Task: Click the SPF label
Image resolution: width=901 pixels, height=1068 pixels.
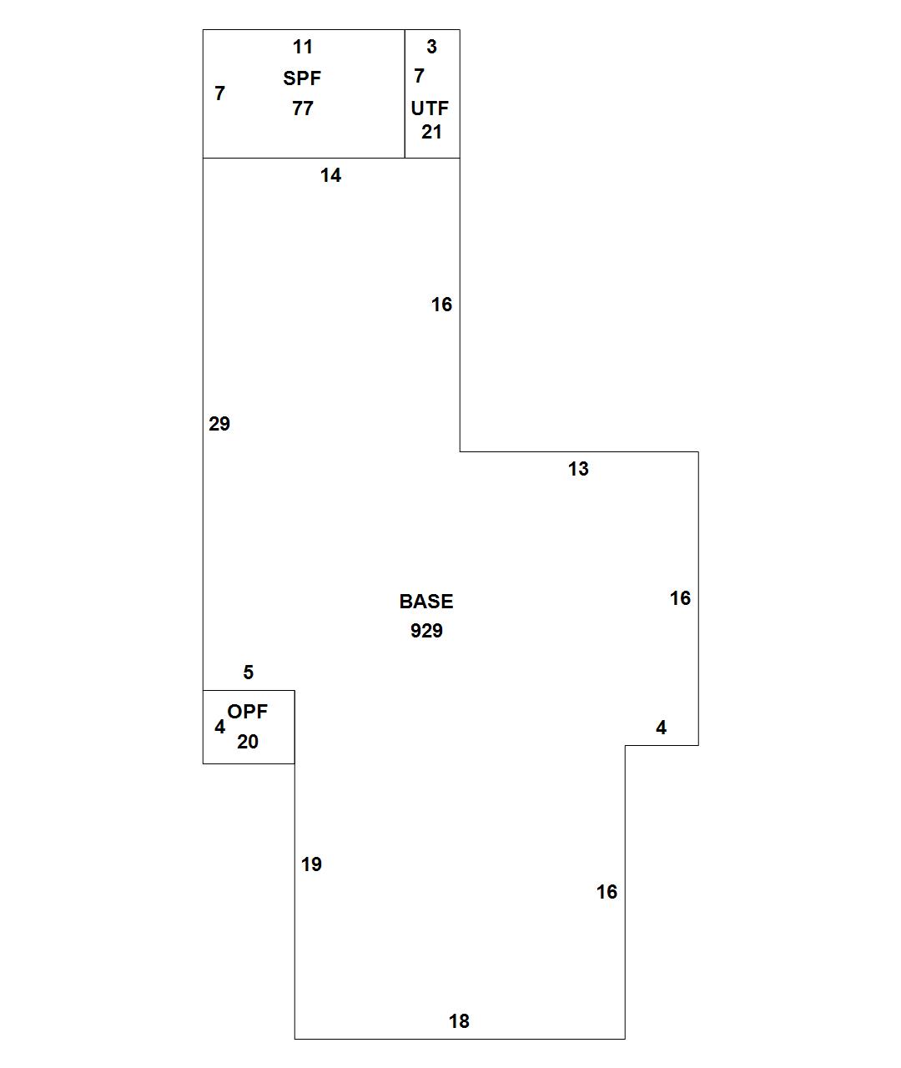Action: [x=302, y=78]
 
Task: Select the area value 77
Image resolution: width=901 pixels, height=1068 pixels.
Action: [x=302, y=108]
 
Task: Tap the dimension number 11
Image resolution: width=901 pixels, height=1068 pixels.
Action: [x=302, y=47]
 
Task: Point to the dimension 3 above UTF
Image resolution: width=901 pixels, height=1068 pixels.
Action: [x=431, y=47]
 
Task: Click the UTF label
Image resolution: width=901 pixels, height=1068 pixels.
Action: [x=430, y=108]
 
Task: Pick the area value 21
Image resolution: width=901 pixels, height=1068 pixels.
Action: [x=431, y=132]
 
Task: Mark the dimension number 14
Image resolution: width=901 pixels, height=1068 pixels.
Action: [x=330, y=175]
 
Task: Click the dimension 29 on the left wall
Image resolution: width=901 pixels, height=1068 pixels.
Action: [x=219, y=424]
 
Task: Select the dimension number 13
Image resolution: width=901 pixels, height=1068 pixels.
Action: [x=578, y=469]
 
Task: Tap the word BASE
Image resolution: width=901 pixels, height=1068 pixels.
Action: [x=426, y=602]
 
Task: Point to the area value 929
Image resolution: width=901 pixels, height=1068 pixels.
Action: [x=426, y=631]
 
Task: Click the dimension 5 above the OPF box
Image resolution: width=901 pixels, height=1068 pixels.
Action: [x=248, y=673]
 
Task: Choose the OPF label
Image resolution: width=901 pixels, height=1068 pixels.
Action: [x=248, y=712]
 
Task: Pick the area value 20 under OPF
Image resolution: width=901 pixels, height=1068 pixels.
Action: [x=248, y=742]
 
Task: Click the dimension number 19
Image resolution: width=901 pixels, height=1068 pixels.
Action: [x=311, y=864]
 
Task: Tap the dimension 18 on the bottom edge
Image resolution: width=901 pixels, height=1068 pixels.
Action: [x=459, y=1021]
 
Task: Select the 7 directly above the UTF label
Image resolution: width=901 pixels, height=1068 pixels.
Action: [x=420, y=76]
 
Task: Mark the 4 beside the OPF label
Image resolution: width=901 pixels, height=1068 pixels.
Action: [x=219, y=727]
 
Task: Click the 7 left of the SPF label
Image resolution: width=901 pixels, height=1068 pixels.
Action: [x=219, y=93]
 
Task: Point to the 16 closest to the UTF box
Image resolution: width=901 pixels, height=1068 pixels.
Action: [x=441, y=305]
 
